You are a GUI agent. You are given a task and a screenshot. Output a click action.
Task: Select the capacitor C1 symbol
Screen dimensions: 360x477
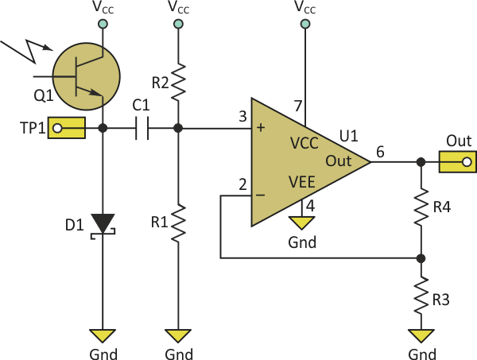point(142,128)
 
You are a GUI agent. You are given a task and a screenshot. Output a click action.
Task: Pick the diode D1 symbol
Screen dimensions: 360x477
point(103,223)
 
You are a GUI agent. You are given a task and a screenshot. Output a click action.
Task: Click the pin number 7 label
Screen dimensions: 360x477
point(299,106)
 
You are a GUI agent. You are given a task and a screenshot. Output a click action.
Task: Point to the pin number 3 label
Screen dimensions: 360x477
point(242,118)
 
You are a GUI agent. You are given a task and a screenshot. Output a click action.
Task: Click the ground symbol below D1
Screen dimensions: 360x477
point(103,335)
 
